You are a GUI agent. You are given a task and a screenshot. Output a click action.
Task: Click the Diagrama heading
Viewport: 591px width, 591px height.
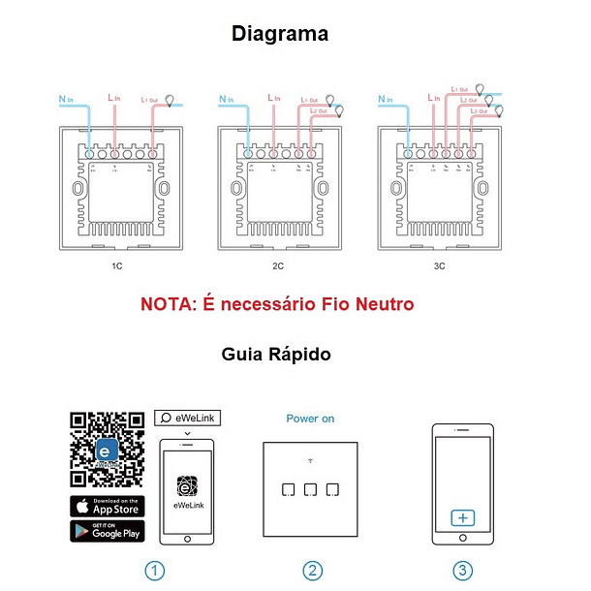point(279,35)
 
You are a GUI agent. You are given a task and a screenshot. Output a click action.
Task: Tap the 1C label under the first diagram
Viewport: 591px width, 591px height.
point(117,264)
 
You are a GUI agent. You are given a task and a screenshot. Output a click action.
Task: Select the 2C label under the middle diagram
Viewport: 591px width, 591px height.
point(278,264)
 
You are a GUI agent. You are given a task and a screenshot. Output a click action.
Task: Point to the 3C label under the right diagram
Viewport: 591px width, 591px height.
point(439,264)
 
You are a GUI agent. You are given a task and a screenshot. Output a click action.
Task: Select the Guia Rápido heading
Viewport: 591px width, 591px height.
point(276,355)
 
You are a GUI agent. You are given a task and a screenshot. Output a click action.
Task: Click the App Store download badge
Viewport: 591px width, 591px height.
point(107,506)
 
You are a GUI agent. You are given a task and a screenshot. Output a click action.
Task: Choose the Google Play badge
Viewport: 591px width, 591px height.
point(107,531)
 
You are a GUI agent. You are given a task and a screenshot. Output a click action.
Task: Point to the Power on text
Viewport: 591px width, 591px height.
point(310,419)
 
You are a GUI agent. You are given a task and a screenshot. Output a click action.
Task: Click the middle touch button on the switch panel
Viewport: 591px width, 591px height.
point(310,488)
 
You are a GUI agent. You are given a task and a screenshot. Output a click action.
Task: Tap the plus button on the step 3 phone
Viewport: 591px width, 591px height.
point(463,518)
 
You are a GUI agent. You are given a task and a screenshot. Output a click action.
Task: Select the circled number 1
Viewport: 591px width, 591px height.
point(154,571)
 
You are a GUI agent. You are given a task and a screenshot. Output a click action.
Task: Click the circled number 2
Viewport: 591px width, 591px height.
point(311,571)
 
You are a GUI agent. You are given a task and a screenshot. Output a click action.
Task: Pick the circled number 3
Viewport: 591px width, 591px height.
point(463,571)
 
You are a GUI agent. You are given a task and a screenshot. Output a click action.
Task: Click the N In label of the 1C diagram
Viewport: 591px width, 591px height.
point(65,99)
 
